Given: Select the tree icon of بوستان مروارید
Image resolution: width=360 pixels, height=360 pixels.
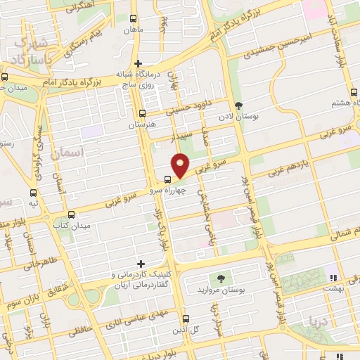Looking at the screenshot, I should tap(221, 279).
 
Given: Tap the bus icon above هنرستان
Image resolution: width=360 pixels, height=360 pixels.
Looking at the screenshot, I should tap(143, 112).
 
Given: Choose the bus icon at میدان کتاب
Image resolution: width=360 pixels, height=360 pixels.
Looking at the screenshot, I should tap(70, 214).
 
